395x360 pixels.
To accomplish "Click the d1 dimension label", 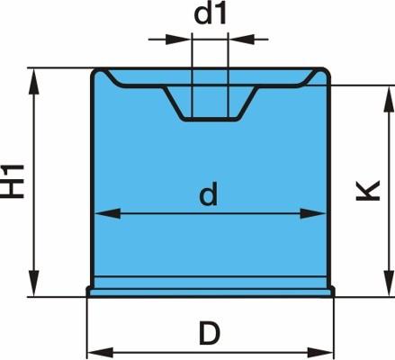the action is (x=210, y=14).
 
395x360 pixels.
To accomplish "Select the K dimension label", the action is (x=368, y=190).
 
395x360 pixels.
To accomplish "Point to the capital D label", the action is (x=210, y=333).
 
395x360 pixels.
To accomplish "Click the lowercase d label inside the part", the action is (x=209, y=194).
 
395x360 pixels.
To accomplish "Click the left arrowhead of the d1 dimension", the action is (x=178, y=39).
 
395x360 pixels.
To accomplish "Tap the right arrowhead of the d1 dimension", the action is (x=241, y=39).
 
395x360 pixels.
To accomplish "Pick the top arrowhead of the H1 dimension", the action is (x=34, y=82).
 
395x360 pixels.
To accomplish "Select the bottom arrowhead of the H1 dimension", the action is (x=34, y=283).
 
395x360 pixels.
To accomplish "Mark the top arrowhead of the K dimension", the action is (x=389, y=98).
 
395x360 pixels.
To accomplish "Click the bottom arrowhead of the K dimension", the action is (x=389, y=283).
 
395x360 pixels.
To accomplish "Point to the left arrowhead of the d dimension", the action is (x=107, y=213).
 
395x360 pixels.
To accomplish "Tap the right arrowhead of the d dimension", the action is (x=313, y=213).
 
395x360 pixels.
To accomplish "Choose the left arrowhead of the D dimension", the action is (x=100, y=353).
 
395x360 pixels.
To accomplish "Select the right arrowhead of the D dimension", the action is (x=320, y=353).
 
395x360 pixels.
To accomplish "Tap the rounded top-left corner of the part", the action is (x=97, y=74).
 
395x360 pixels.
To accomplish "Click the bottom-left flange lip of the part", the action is (x=89, y=292).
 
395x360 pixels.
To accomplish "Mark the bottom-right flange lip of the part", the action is (x=332, y=292).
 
